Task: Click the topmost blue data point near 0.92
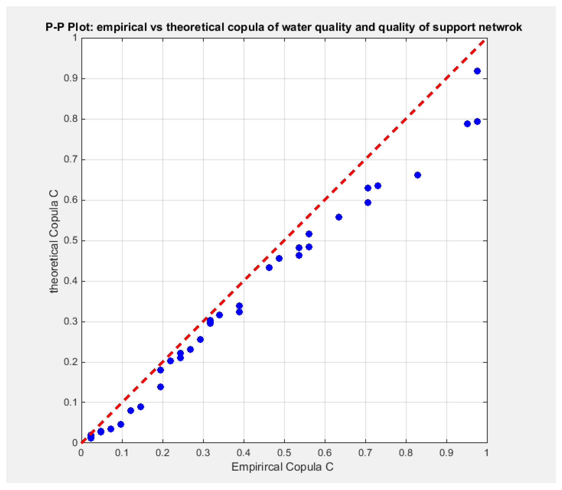477,71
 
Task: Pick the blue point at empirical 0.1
121,424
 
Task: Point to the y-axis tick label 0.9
71,79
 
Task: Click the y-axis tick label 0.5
71,241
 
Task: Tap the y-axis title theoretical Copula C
54,242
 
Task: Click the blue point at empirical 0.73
378,186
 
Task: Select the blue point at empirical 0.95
467,124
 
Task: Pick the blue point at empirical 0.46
269,268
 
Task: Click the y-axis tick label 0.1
71,402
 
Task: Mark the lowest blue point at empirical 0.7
368,203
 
